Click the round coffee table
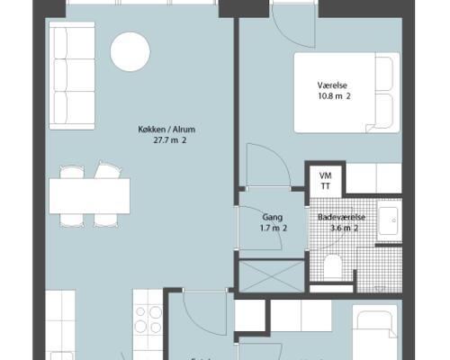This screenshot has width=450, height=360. click(x=130, y=51)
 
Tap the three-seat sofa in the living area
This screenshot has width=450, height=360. click(x=72, y=76)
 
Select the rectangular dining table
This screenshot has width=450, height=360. click(x=89, y=196)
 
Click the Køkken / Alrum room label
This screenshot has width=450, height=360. click(x=166, y=130)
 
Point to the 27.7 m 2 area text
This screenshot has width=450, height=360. click(x=170, y=140)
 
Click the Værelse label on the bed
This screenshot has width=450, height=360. click(x=332, y=85)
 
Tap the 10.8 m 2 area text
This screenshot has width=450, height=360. click(x=334, y=96)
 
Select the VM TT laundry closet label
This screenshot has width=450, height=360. click(x=326, y=181)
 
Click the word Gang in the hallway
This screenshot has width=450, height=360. click(x=273, y=217)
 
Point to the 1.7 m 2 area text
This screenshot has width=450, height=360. click(x=274, y=228)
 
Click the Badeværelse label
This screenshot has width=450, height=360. click(x=342, y=217)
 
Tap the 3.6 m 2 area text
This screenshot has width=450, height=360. click(x=344, y=228)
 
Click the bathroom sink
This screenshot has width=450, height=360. click(x=389, y=220)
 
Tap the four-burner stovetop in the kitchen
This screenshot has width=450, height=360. click(x=148, y=319)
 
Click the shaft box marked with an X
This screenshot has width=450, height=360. click(x=271, y=276)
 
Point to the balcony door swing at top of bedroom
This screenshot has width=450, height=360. click(x=293, y=28)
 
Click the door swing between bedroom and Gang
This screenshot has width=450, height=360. click(x=268, y=166)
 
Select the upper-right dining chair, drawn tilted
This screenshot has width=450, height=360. click(x=108, y=170)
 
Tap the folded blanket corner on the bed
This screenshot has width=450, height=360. click(x=371, y=128)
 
